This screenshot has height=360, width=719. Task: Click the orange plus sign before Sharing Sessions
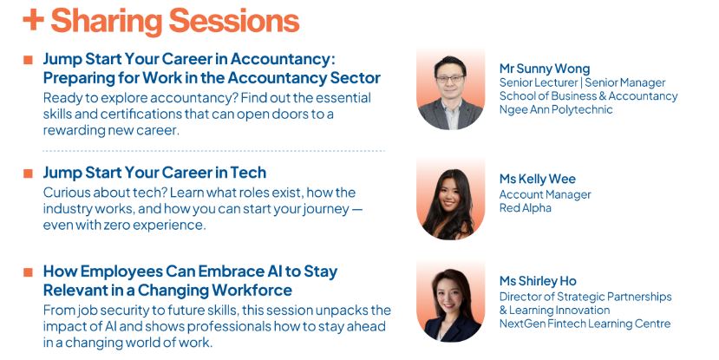coord(34,21)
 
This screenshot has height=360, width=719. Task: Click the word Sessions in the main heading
coord(234,21)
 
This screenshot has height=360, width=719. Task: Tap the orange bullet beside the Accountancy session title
coord(28,60)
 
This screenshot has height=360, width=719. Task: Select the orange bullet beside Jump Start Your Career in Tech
coord(28,173)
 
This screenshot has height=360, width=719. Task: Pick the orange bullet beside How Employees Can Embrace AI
coord(28,272)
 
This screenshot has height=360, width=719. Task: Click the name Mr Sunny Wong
coord(545,69)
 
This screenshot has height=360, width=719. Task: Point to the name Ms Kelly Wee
coord(538,179)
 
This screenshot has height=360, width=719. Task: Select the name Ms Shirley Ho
coord(538,281)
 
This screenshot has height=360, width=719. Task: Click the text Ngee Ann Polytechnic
coord(556,109)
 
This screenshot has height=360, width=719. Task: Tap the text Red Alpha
coord(525,207)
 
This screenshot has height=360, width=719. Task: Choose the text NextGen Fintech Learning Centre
coord(585,324)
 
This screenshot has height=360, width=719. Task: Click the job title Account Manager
coord(545,195)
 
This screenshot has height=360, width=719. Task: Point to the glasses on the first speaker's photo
coord(449,78)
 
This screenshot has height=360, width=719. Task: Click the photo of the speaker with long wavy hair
coord(450,199)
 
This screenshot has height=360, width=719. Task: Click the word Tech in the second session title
coord(248,173)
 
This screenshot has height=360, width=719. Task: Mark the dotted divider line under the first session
coord(213,150)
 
